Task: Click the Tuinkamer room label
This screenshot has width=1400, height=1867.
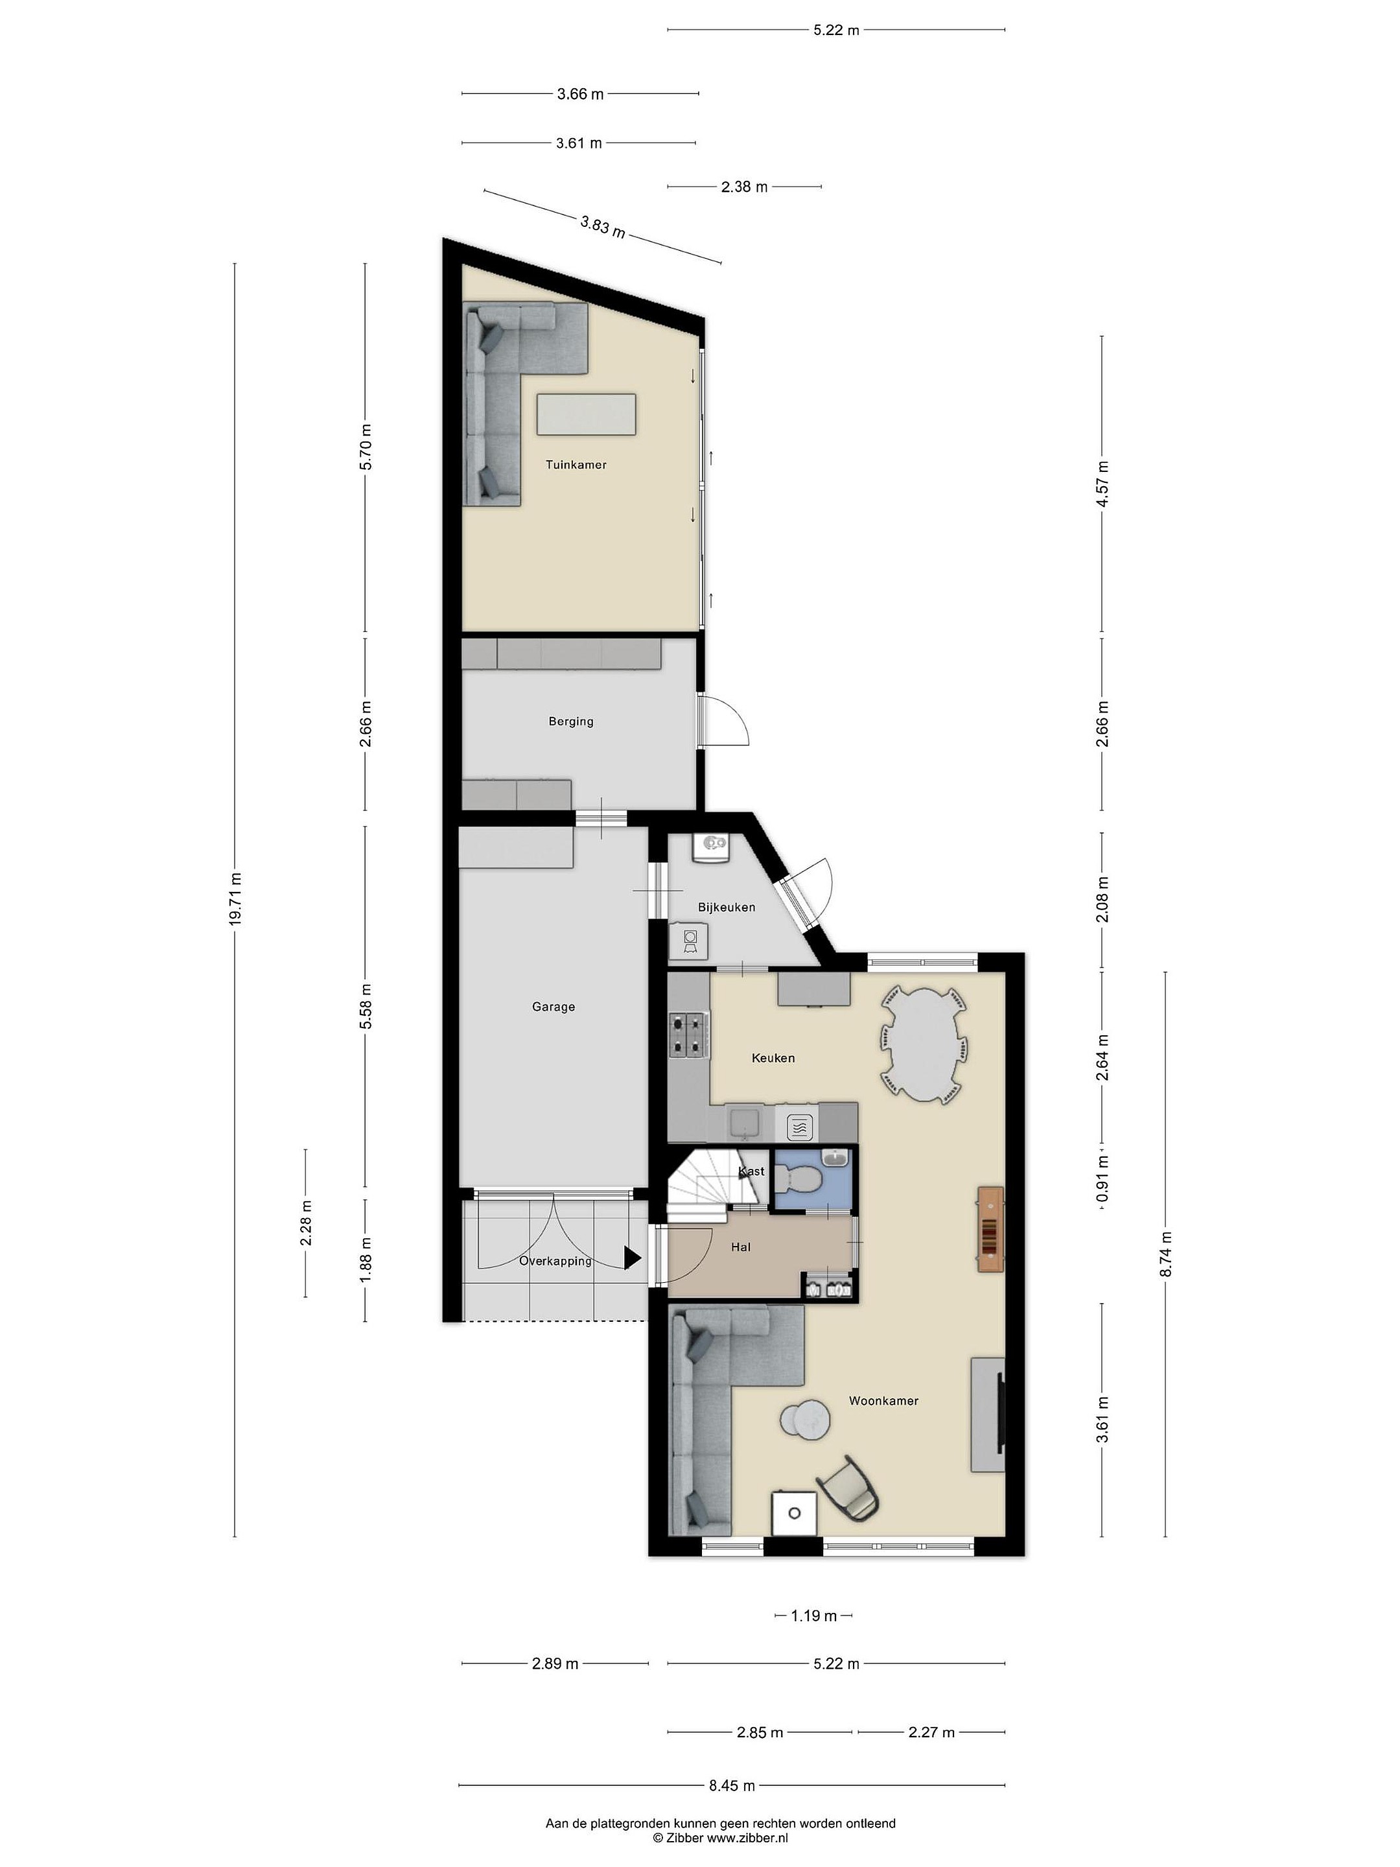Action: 576,464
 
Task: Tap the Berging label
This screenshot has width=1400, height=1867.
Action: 570,721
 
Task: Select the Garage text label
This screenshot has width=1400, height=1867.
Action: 553,1006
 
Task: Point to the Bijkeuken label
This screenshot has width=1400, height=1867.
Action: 726,908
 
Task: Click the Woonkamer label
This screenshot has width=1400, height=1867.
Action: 883,1400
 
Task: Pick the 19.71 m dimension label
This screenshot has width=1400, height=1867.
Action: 235,899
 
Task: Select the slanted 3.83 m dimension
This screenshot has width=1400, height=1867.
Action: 603,226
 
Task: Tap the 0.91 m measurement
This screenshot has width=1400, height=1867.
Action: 1101,1179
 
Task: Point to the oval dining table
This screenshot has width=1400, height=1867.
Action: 923,1046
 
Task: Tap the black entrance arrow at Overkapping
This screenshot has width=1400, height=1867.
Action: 632,1258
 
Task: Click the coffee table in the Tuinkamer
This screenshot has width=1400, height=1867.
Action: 587,414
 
